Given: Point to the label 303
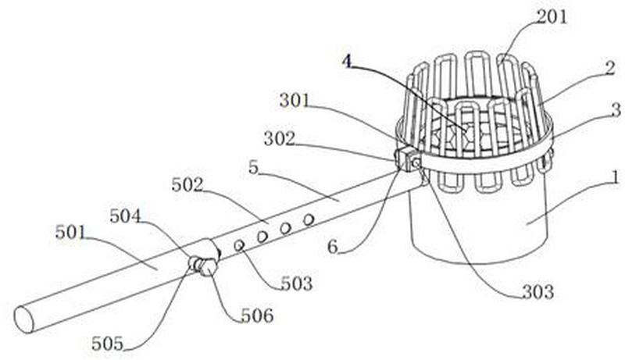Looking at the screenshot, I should (x=538, y=292).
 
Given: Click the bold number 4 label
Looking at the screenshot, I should (x=347, y=60).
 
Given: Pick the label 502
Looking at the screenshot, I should (x=187, y=185).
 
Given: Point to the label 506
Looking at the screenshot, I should (x=257, y=315).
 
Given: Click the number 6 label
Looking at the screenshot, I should (x=333, y=246).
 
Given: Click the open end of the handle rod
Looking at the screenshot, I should (x=24, y=319).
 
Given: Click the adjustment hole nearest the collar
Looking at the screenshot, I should (x=239, y=245).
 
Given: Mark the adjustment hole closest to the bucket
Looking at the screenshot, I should (x=309, y=219).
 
